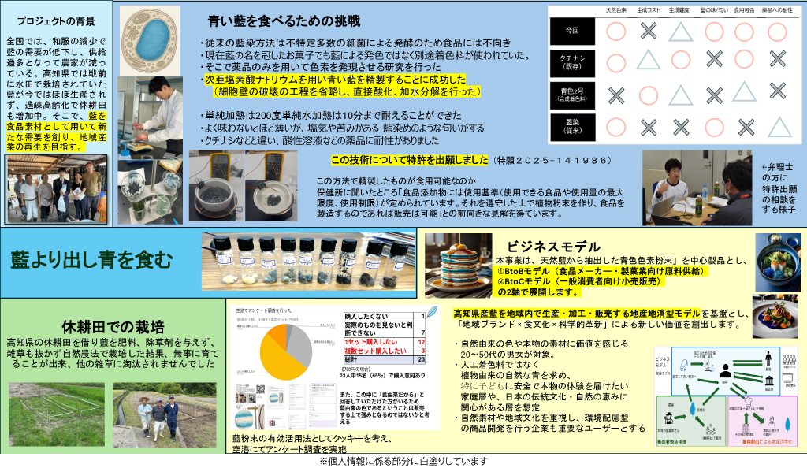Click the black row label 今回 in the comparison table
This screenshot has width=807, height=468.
(x=572, y=32)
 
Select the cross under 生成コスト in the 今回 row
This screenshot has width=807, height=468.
(x=648, y=32)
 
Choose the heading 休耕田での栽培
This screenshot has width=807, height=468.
(x=113, y=326)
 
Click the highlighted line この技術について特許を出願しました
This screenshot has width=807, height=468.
(x=410, y=160)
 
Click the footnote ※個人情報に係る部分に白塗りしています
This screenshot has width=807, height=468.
(x=403, y=461)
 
